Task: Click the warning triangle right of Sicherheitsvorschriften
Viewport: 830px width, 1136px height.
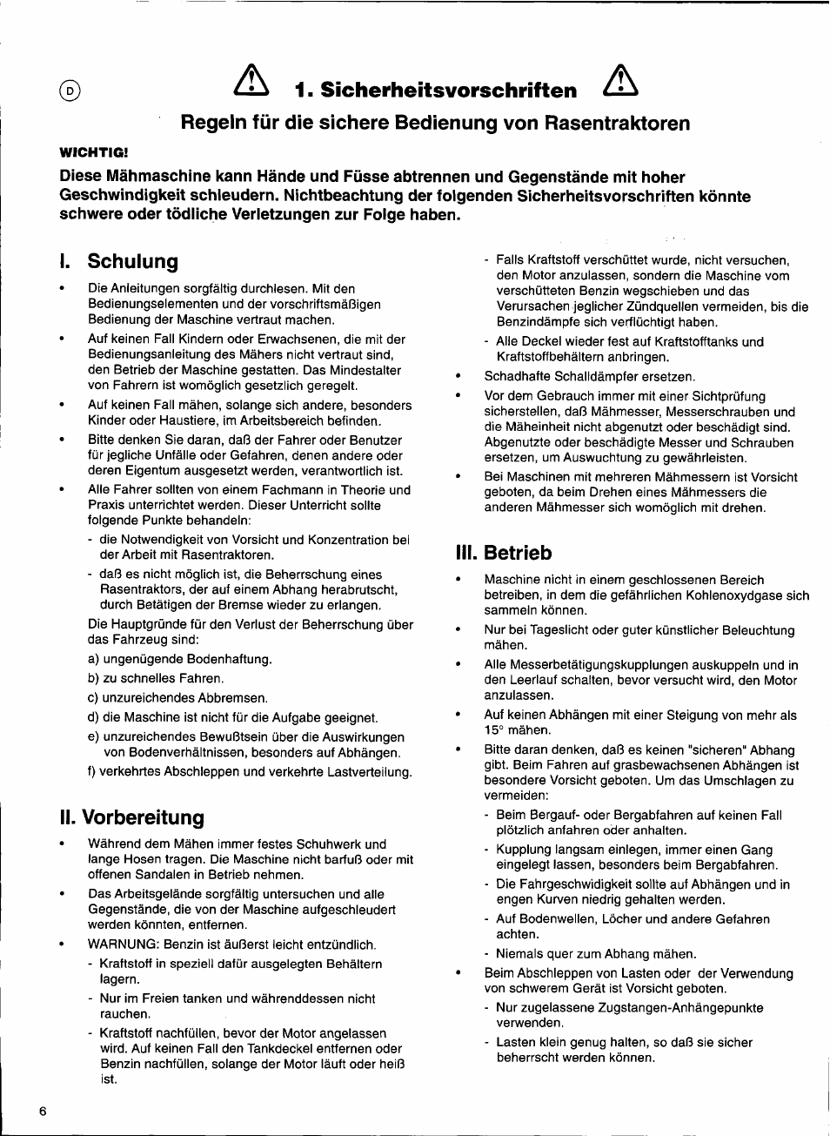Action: tap(620, 82)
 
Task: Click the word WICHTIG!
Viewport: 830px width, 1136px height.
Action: tap(93, 152)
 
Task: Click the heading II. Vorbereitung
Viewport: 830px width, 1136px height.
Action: tap(132, 817)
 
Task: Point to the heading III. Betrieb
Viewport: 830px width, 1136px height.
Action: tap(504, 553)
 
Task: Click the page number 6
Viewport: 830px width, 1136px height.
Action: tap(43, 1111)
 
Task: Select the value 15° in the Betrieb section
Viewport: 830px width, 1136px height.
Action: tap(493, 730)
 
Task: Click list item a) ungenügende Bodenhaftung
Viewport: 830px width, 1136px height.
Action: tap(180, 659)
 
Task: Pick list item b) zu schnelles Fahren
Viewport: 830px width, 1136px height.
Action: tap(156, 678)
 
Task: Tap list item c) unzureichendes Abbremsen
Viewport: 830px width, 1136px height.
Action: tap(177, 698)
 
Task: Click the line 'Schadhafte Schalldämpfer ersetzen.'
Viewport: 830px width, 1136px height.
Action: tap(589, 377)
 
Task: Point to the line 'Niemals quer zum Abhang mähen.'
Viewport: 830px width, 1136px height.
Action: tap(596, 954)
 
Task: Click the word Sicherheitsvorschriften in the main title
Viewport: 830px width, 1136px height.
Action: tap(448, 91)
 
